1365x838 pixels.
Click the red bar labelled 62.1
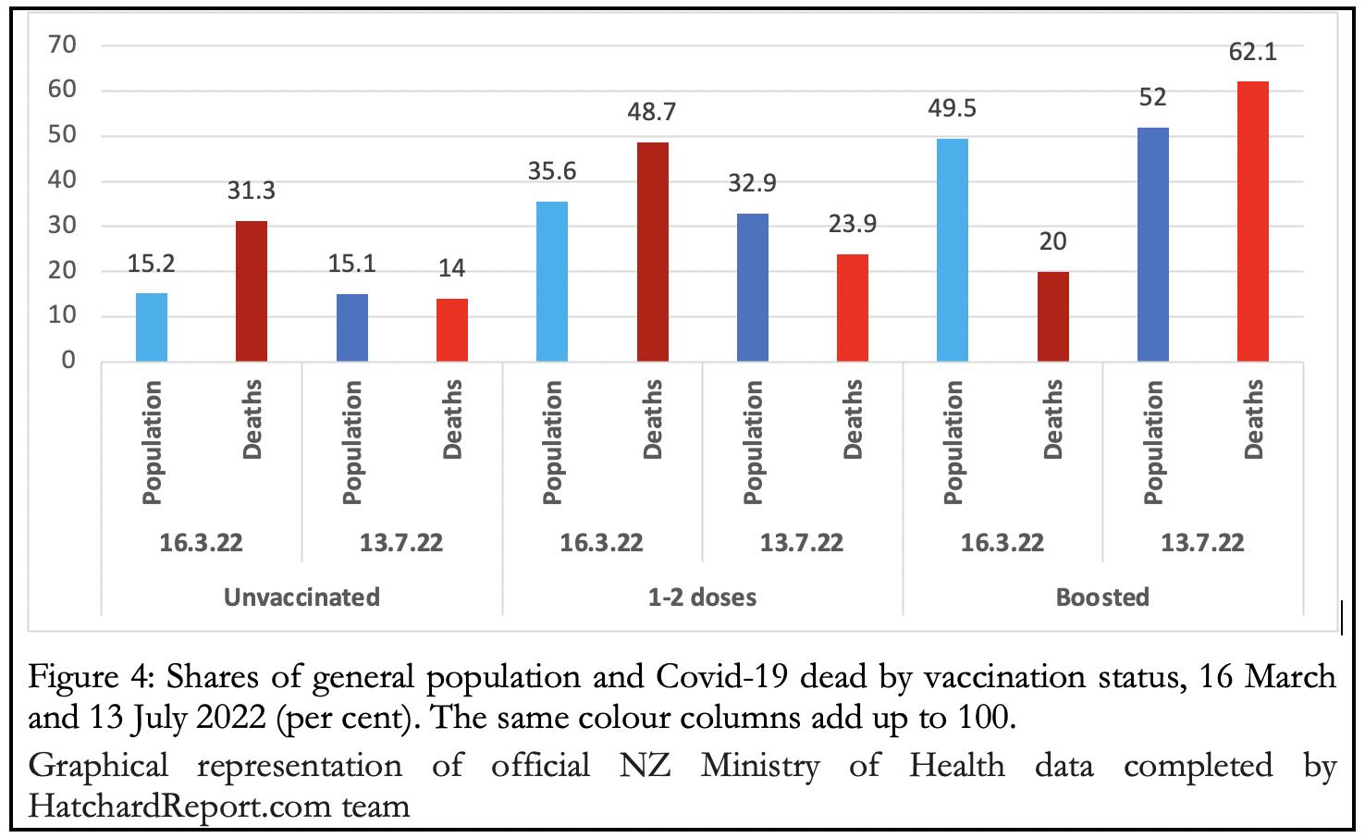[1252, 222]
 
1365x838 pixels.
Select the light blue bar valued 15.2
[152, 327]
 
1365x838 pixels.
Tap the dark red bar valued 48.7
[652, 252]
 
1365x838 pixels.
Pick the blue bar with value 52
[1152, 244]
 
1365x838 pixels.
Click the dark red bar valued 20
[1052, 316]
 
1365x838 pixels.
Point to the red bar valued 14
[451, 330]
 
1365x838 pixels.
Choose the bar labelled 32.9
[752, 288]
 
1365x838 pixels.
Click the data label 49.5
[952, 109]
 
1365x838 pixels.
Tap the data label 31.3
[252, 191]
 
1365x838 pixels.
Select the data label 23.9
[852, 224]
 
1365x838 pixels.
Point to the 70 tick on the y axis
[62, 44]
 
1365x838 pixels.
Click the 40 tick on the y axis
[62, 179]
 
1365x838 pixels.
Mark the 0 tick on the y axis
[68, 361]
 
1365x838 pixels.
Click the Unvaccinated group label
[301, 598]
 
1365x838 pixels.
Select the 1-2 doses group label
[702, 598]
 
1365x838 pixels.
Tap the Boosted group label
[1102, 598]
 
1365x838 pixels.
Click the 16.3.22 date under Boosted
[1002, 543]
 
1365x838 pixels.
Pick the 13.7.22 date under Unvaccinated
[401, 543]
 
